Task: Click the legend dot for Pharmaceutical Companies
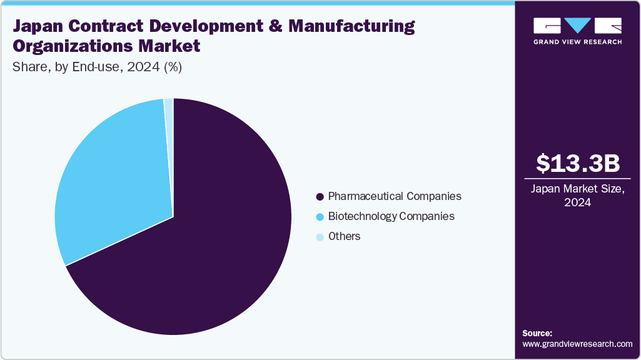pyautogui.click(x=320, y=197)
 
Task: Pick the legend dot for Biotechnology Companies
pyautogui.click(x=320, y=217)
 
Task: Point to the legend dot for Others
pyautogui.click(x=320, y=237)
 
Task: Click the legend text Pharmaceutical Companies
pyautogui.click(x=395, y=196)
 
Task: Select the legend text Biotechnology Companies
pyautogui.click(x=391, y=216)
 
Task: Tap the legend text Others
pyautogui.click(x=345, y=236)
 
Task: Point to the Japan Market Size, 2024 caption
pyautogui.click(x=578, y=196)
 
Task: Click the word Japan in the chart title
pyautogui.click(x=39, y=27)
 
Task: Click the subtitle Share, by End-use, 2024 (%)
pyautogui.click(x=97, y=67)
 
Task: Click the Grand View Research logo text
pyautogui.click(x=578, y=42)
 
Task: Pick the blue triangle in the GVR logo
pyautogui.click(x=578, y=25)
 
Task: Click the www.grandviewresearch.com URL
pyautogui.click(x=577, y=344)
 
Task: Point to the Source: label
pyautogui.click(x=537, y=333)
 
